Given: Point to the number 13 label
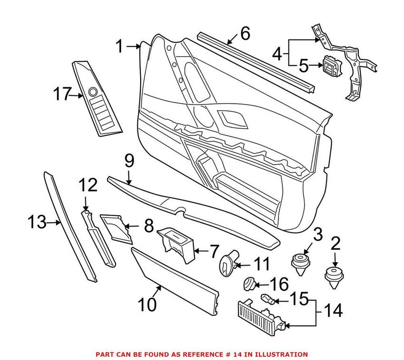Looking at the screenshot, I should pyautogui.click(x=37, y=221).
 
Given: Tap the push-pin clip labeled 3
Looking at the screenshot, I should pyautogui.click(x=298, y=264).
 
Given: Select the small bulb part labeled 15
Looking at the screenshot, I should pyautogui.click(x=268, y=300).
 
